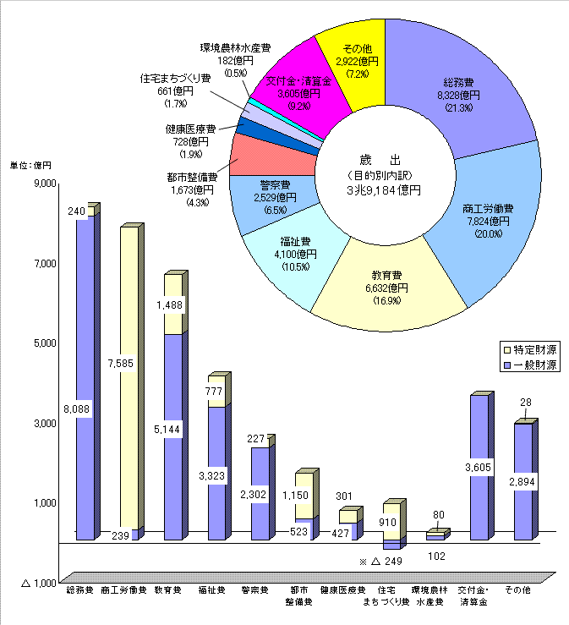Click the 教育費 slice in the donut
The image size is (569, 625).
[386, 288]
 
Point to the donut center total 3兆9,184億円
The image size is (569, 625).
[383, 190]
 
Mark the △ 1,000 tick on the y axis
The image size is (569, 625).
[38, 583]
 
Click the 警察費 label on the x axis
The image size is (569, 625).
[254, 589]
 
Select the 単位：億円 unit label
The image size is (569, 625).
[30, 164]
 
